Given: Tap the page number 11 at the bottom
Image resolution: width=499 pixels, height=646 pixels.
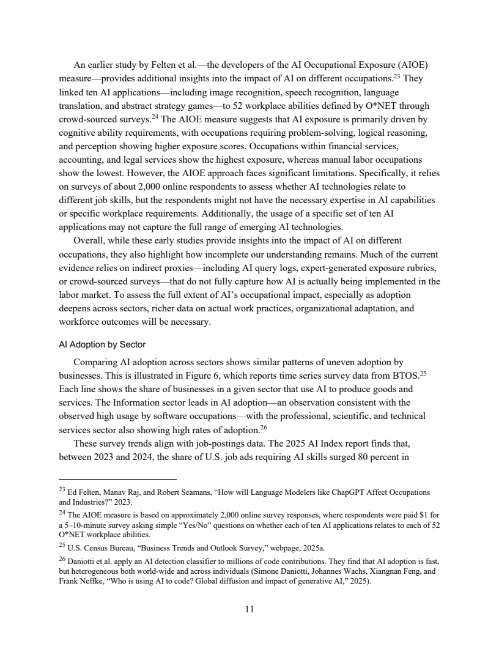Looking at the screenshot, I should tap(250, 609).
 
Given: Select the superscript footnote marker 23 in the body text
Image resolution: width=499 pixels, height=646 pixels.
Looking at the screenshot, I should tap(396, 76).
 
